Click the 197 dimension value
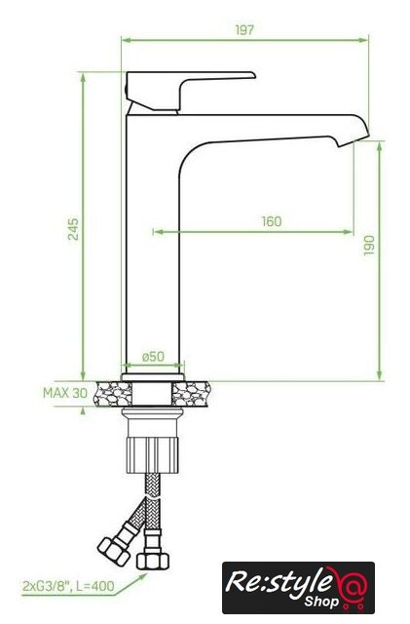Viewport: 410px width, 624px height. pyautogui.click(x=243, y=30)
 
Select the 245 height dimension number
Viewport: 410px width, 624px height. pyautogui.click(x=73, y=229)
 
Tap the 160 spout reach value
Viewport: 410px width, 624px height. pyautogui.click(x=271, y=221)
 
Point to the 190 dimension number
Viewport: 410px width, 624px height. pyautogui.click(x=369, y=245)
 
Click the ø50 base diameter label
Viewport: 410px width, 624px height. pyautogui.click(x=153, y=356)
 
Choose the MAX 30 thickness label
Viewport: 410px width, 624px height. pyautogui.click(x=65, y=393)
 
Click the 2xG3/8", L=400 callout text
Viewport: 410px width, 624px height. pyautogui.click(x=68, y=586)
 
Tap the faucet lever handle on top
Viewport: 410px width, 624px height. pyautogui.click(x=187, y=86)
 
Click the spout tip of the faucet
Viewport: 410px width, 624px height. pyautogui.click(x=353, y=137)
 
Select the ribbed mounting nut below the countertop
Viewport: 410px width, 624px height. pyautogui.click(x=152, y=455)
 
